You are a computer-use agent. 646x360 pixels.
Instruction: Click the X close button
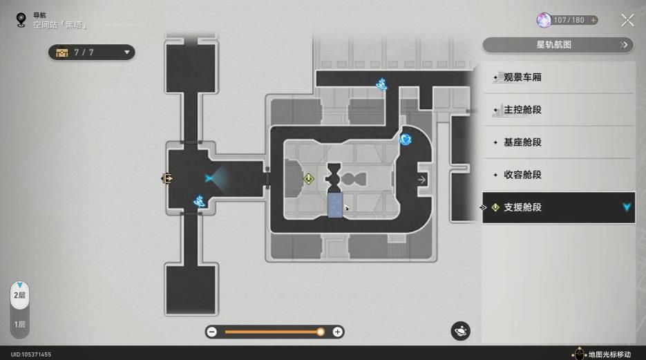pyautogui.click(x=627, y=20)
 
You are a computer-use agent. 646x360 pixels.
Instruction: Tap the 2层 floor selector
pyautogui.click(x=19, y=295)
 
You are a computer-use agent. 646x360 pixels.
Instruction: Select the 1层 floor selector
pyautogui.click(x=19, y=324)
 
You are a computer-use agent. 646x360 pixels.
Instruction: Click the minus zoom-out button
pyautogui.click(x=211, y=332)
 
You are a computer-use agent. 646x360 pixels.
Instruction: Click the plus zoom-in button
pyautogui.click(x=337, y=332)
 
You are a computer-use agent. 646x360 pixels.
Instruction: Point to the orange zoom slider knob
pyautogui.click(x=320, y=332)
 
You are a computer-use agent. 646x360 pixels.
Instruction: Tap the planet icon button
pyautogui.click(x=460, y=331)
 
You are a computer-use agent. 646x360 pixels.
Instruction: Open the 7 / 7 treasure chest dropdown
pyautogui.click(x=91, y=53)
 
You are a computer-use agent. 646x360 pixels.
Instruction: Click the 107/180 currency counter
pyautogui.click(x=567, y=20)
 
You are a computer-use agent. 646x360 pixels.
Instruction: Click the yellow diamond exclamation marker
pyautogui.click(x=309, y=179)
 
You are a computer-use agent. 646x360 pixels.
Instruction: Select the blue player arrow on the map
pyautogui.click(x=209, y=178)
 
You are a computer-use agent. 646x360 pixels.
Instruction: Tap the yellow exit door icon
pyautogui.click(x=167, y=178)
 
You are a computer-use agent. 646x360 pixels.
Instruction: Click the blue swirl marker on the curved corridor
pyautogui.click(x=405, y=139)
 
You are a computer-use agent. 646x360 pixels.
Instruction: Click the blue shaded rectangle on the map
pyautogui.click(x=335, y=205)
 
